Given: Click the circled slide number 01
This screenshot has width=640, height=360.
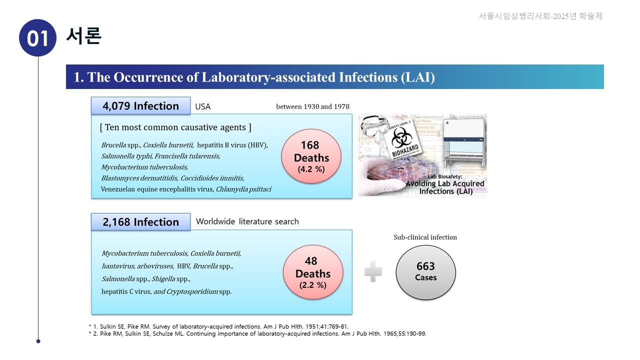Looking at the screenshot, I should tap(37, 38).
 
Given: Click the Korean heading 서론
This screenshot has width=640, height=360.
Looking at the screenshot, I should tap(83, 36).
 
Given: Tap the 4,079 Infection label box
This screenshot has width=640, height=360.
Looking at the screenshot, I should tap(140, 106).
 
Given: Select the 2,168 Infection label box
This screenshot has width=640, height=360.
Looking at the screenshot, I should tap(140, 222).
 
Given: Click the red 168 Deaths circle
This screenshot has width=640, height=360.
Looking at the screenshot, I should tap(311, 156).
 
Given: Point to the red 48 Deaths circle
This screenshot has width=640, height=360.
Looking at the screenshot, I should tap(312, 272).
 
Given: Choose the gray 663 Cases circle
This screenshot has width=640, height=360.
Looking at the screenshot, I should tap(425, 272).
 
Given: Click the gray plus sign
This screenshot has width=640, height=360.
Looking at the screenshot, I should tap(373, 272).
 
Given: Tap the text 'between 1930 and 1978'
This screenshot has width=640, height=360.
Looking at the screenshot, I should tap(312, 106).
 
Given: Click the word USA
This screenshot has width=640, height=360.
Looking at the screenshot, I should tap(203, 106).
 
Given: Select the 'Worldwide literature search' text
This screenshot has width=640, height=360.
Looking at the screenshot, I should tap(247, 221).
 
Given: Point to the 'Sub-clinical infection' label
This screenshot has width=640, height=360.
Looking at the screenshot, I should tap(425, 237).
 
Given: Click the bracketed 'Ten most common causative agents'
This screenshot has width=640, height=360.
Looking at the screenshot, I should tap(175, 127).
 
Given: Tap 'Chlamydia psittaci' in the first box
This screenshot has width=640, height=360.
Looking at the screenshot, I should tap(243, 189).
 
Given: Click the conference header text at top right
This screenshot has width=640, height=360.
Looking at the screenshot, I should tap(540, 16).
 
